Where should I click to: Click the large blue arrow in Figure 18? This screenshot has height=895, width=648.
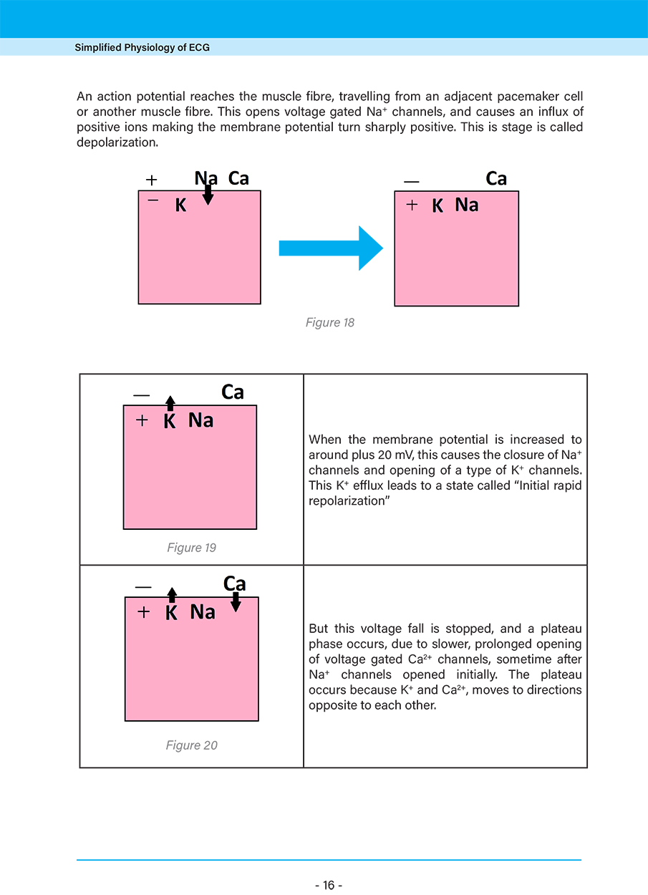pos(331,248)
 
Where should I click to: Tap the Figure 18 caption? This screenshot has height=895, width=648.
pos(329,323)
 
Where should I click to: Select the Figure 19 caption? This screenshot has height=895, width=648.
pos(191,548)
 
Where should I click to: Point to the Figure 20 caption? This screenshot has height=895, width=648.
pos(191,745)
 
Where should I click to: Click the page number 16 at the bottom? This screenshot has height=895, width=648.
pos(329,885)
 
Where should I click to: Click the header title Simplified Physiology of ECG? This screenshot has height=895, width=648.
pos(142,48)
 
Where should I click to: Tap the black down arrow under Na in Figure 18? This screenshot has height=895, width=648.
pos(208,195)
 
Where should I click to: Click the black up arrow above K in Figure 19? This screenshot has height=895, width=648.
pos(170,402)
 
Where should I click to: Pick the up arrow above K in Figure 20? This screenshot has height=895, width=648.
pos(171,595)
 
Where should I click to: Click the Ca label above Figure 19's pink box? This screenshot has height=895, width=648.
pos(233,392)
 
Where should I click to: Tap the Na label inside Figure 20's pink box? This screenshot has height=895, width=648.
pos(203,612)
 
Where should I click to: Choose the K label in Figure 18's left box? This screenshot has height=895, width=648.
pos(180,206)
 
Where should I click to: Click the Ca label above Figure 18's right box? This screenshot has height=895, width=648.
pos(496,178)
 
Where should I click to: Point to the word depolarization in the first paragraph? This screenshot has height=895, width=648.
pos(117,142)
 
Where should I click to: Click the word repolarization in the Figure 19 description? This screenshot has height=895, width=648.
pos(347,500)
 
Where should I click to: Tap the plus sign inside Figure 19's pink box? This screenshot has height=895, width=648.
pos(142,421)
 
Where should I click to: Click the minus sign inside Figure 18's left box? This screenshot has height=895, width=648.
pos(153,200)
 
